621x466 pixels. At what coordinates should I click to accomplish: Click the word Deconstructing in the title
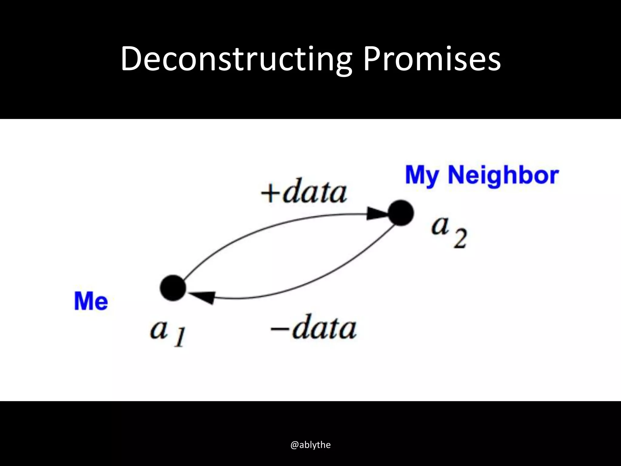[236, 59]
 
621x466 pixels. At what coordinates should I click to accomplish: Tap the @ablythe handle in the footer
[310, 445]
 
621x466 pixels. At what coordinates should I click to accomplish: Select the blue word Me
[91, 301]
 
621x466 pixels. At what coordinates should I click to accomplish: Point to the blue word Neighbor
[503, 175]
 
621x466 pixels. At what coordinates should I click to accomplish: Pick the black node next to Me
[173, 288]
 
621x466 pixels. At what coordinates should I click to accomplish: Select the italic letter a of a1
[159, 329]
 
